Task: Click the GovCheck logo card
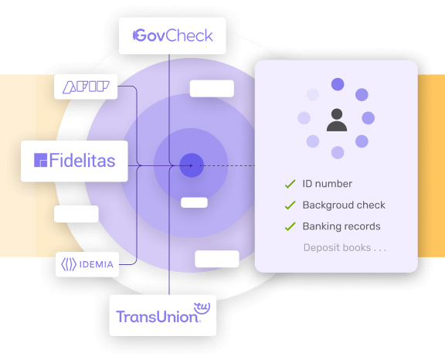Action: coord(172,36)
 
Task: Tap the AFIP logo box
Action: coord(86,87)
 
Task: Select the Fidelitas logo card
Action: coord(74,161)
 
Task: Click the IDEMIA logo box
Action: coord(87,264)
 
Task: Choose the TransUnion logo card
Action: coord(163,315)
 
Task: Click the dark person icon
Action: coord(337,120)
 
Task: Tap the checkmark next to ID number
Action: coord(290,184)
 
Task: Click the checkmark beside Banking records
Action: coord(290,226)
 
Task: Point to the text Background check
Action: coord(344,205)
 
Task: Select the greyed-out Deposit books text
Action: coord(345,248)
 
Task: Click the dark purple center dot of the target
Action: coord(192,165)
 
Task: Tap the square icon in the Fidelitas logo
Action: coord(41,160)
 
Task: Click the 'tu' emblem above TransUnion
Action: coord(202,308)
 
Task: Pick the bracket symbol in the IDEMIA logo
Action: coord(69,264)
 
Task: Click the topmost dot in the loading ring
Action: coord(338,84)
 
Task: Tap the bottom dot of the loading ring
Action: coord(338,153)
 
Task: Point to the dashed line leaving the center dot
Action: coord(227,165)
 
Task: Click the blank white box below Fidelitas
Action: coord(76,214)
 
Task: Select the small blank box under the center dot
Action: coord(194,202)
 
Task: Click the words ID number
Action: coord(328,184)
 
